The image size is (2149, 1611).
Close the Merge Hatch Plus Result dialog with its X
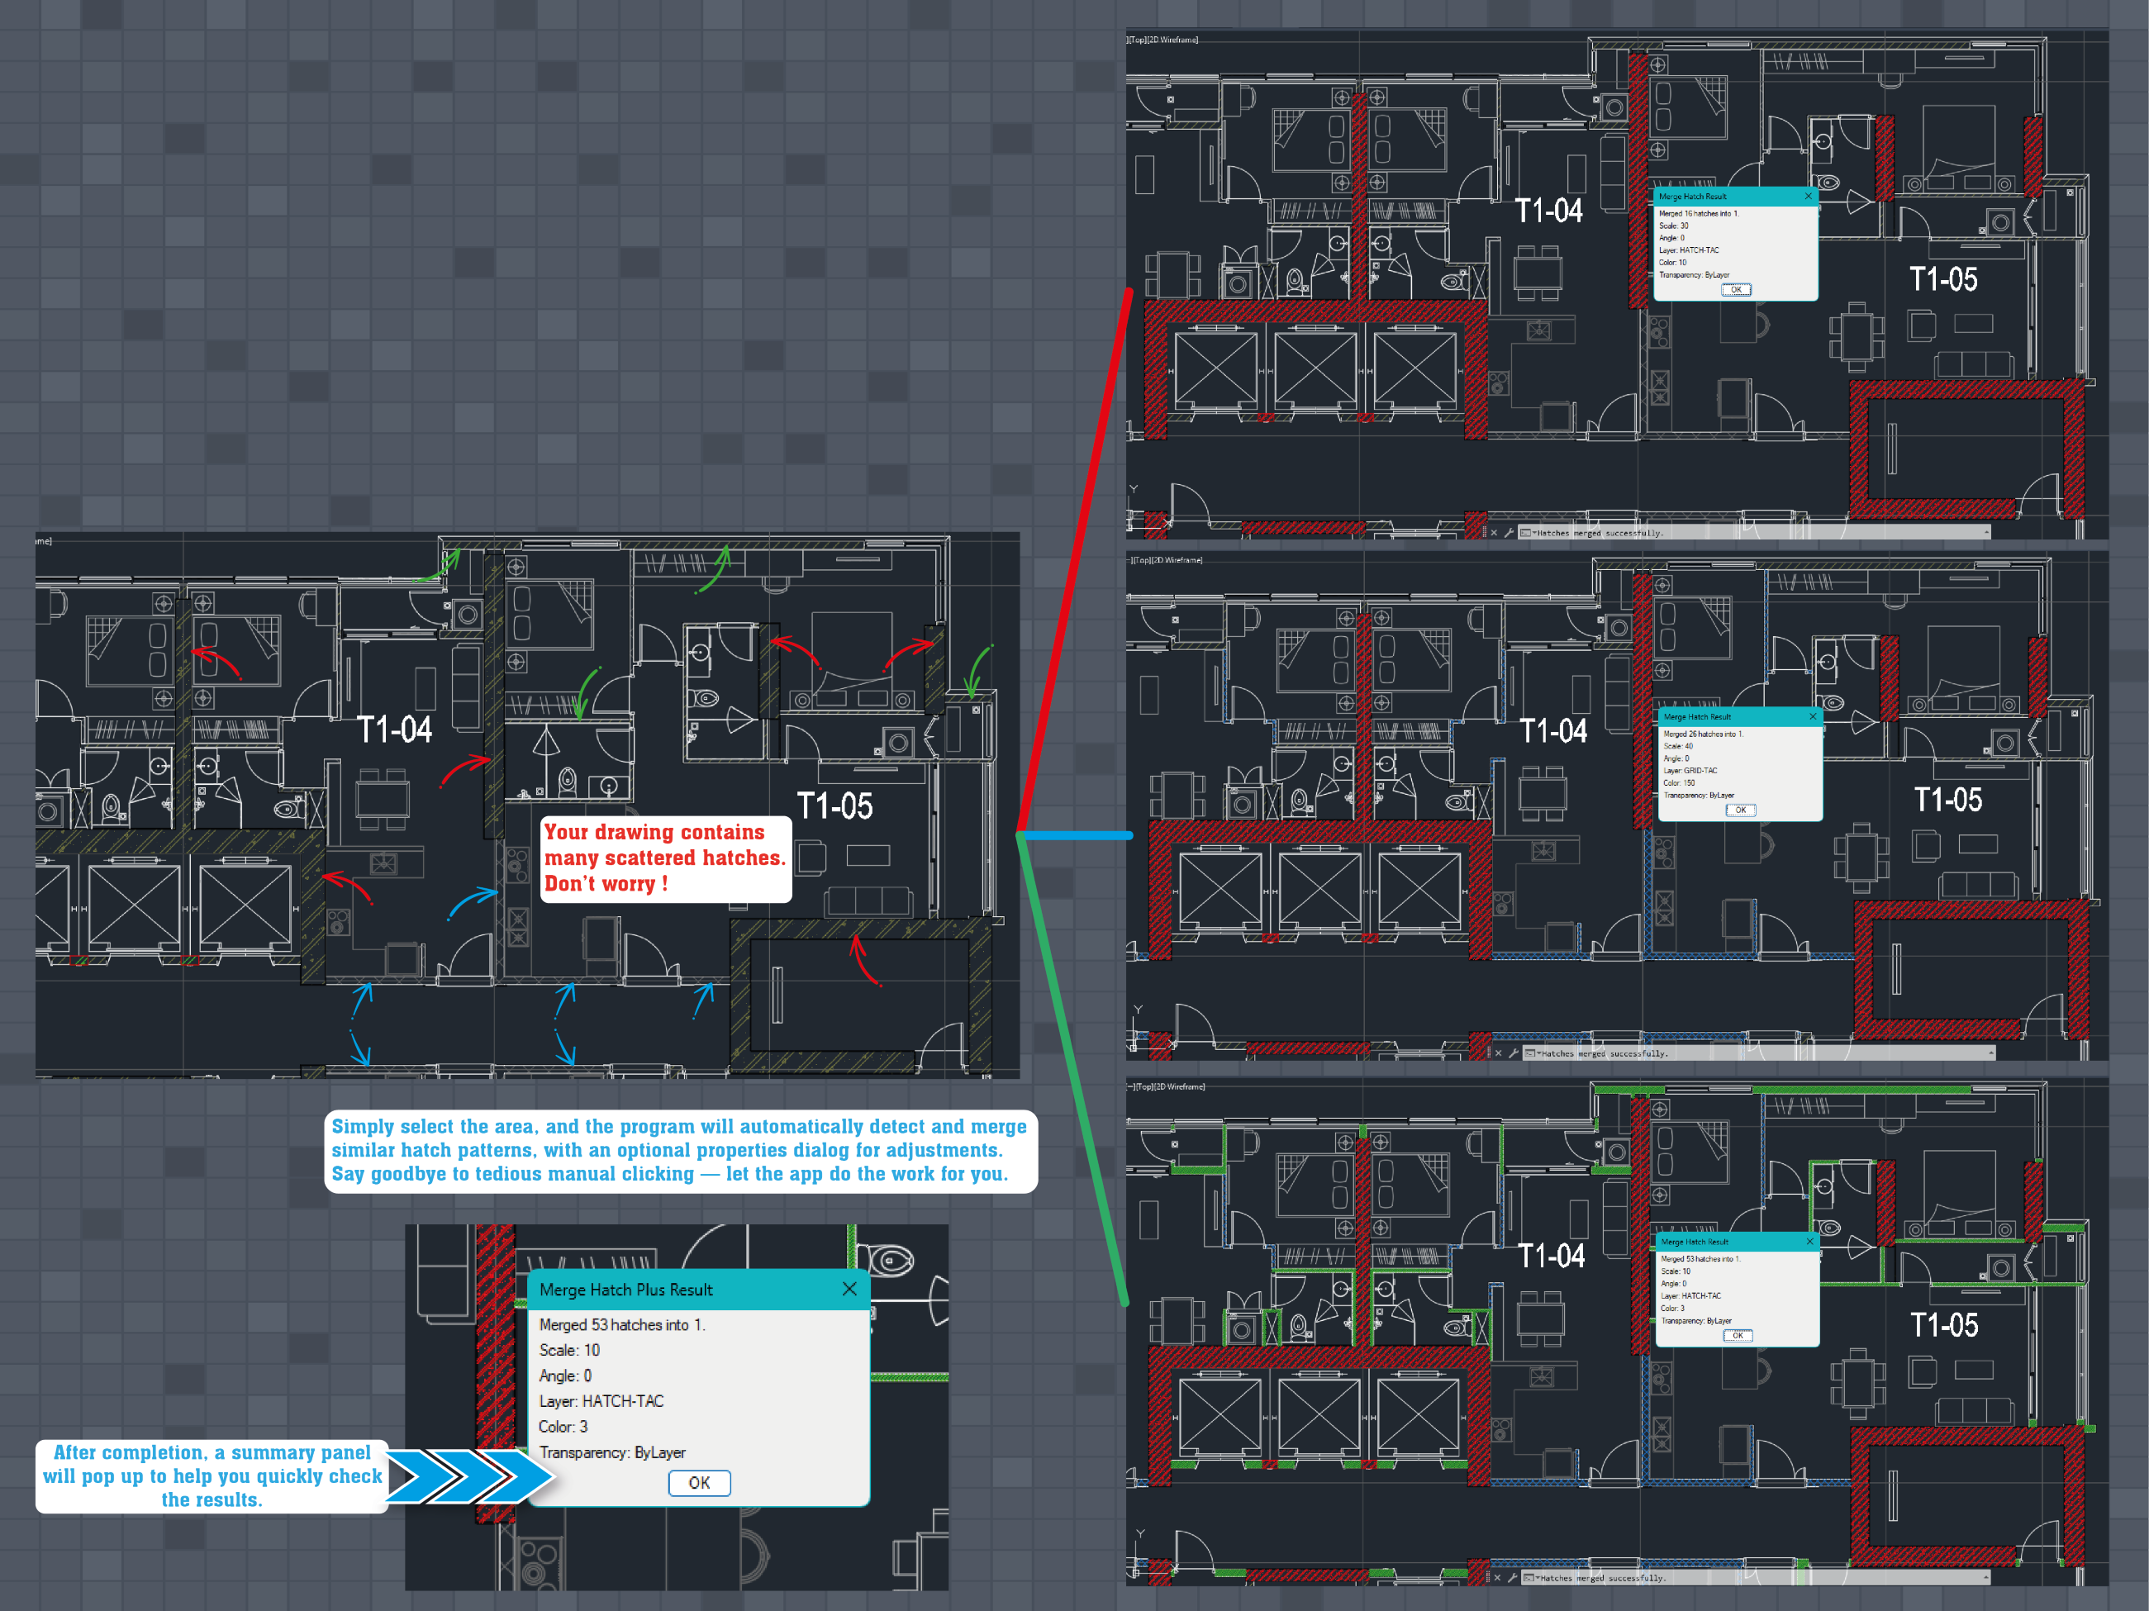tap(849, 1289)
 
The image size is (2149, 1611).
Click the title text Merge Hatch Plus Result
tap(625, 1290)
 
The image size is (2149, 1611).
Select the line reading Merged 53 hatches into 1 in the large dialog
tap(622, 1324)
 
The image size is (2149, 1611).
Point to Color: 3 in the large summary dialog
tap(563, 1427)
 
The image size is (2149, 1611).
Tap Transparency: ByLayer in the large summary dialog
tap(612, 1452)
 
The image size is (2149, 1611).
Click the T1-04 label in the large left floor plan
tap(393, 729)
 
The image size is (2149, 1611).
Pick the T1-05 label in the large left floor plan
tap(834, 805)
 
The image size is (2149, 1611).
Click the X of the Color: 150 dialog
tap(1812, 716)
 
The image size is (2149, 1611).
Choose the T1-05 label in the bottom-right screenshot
tap(1944, 1324)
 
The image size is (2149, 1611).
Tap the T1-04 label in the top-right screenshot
tap(1548, 210)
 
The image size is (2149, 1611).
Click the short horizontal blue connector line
tap(1078, 835)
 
